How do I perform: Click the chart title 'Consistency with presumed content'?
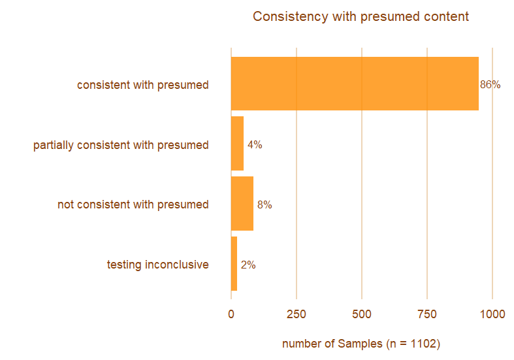point(361,16)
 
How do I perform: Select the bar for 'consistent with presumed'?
point(355,84)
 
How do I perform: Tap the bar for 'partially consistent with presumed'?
point(237,144)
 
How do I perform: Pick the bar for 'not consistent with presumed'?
point(242,204)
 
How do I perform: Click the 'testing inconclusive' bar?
point(234,264)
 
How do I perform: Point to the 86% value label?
point(490,85)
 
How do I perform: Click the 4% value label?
point(255,145)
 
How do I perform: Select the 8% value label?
point(265,205)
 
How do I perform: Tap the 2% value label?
point(248,265)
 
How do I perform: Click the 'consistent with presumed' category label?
point(142,85)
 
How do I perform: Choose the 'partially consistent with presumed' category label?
point(121,145)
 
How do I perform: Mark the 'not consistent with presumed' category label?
point(133,205)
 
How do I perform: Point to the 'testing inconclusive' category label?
point(157,265)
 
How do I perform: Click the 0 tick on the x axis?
point(231,314)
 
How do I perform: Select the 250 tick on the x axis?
point(297,314)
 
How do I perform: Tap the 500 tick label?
point(362,314)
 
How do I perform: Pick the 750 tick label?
point(427,314)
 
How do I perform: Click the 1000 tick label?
point(492,314)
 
